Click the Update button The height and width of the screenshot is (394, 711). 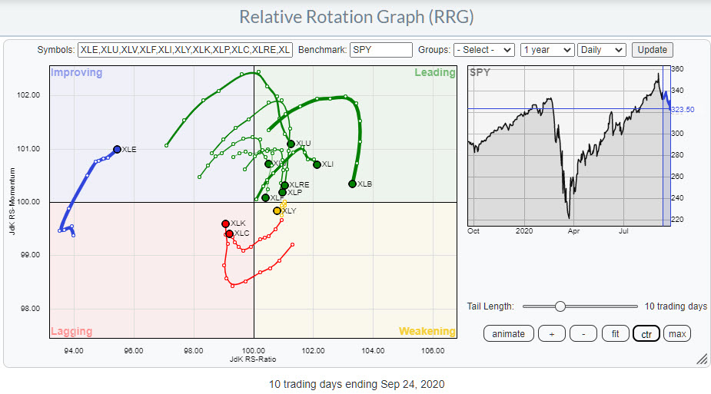[652, 50]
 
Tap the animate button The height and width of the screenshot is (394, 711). [508, 333]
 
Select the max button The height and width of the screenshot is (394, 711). [676, 333]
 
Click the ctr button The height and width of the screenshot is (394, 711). [646, 333]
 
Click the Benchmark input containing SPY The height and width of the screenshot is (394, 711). [380, 50]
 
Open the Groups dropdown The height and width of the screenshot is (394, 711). [484, 50]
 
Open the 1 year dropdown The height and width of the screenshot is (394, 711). [547, 50]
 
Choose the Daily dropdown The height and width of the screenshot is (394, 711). [602, 50]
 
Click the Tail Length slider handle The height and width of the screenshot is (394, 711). [560, 306]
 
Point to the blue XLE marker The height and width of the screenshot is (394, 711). [117, 150]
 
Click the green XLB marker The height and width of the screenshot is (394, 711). [352, 184]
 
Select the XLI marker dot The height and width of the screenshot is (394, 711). [317, 164]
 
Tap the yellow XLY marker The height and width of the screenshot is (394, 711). [277, 210]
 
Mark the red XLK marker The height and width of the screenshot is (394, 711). [225, 223]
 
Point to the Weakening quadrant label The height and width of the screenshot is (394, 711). [427, 331]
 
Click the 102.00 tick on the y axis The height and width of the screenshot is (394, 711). [29, 95]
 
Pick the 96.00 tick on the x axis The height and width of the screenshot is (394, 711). [134, 350]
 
